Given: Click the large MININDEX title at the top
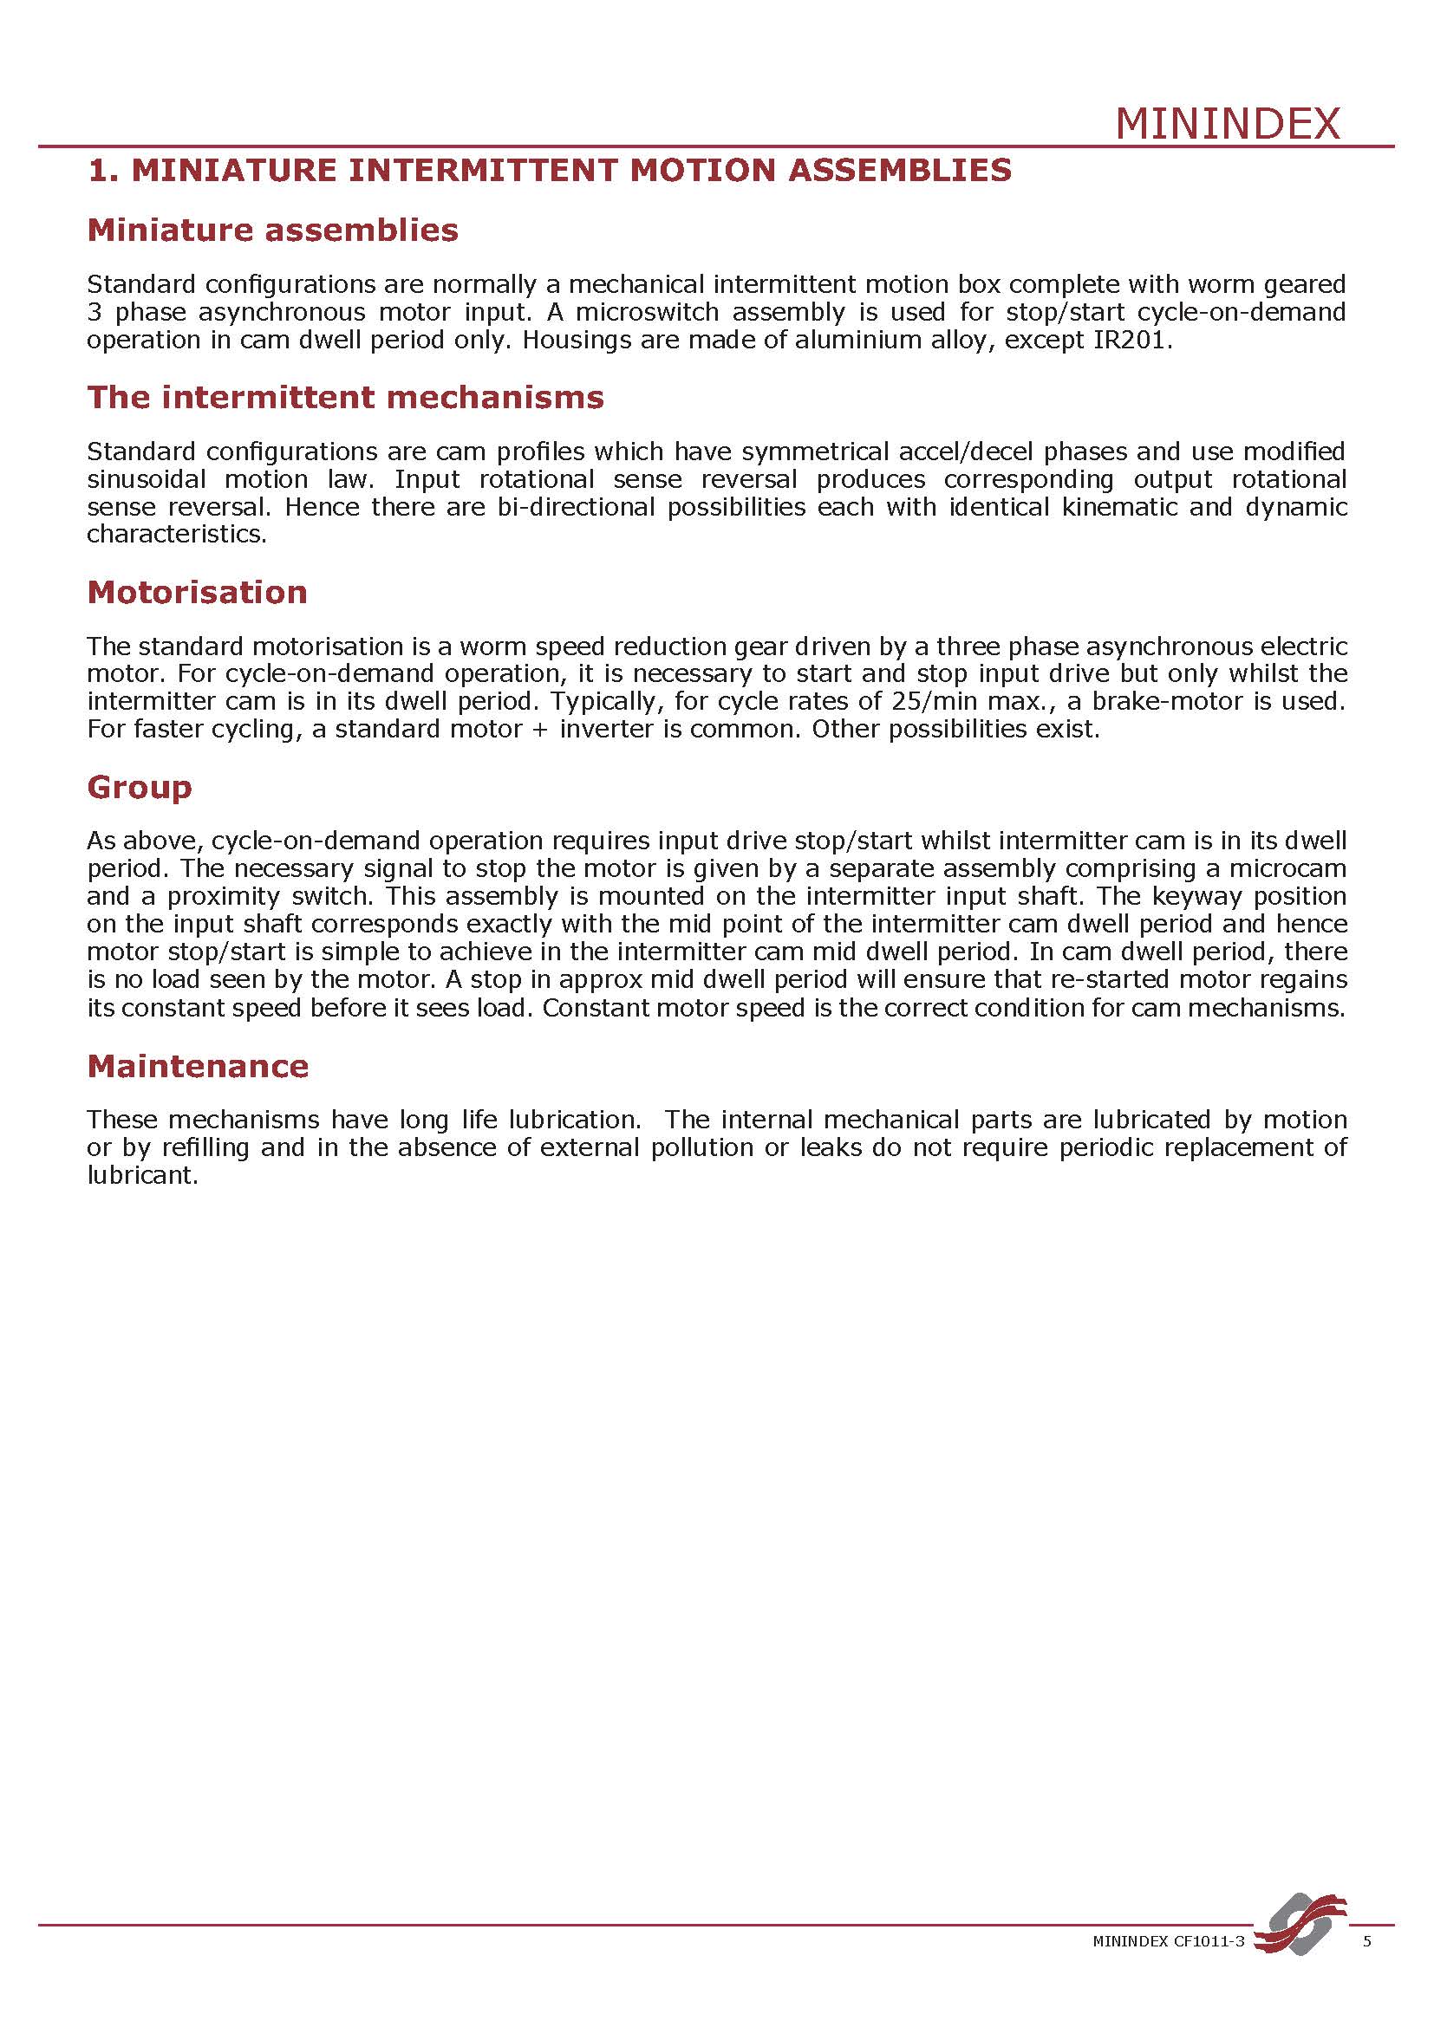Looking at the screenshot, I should [x=1228, y=124].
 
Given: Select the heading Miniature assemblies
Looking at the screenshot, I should [x=273, y=231].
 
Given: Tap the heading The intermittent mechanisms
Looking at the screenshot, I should [x=345, y=397].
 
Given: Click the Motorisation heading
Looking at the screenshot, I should [x=197, y=592].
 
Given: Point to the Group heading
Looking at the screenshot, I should [x=140, y=787].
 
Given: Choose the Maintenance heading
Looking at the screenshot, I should [x=198, y=1067].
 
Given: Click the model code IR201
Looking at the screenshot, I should [x=1131, y=340].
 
